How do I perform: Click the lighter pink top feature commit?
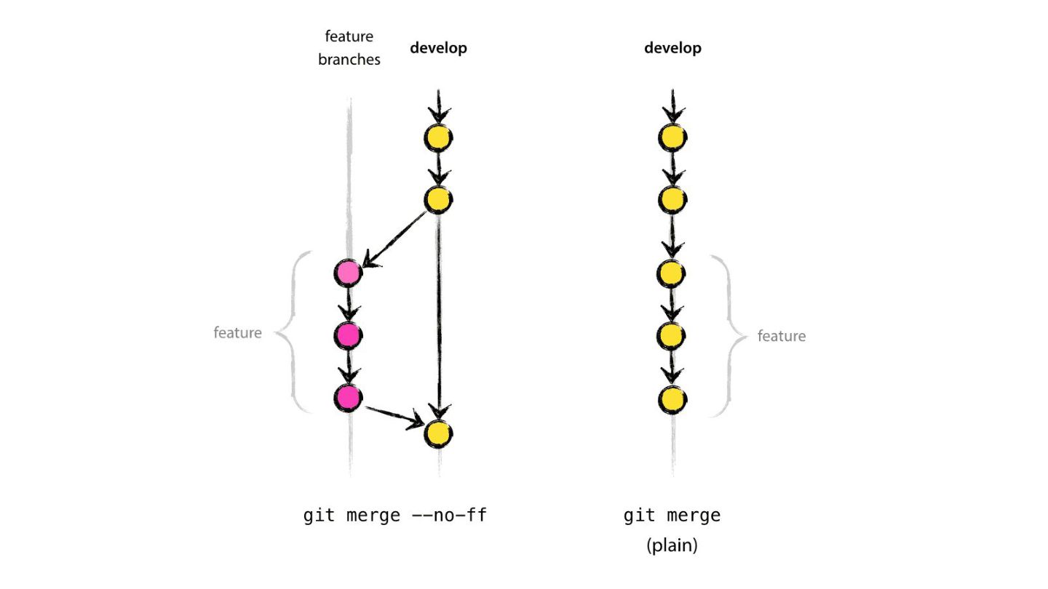click(349, 273)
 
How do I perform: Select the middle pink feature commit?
click(349, 335)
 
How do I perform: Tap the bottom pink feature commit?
click(349, 397)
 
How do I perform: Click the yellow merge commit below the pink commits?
click(437, 433)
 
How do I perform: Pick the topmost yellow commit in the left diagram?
click(438, 137)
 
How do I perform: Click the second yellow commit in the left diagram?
click(438, 199)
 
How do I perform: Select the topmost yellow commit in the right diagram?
click(672, 137)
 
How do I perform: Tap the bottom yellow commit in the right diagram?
click(672, 398)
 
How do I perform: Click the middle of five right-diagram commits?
click(672, 273)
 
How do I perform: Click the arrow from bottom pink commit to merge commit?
click(394, 416)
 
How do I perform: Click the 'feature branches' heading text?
click(349, 48)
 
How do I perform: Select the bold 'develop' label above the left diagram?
click(438, 48)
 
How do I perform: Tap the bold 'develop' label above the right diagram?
click(672, 48)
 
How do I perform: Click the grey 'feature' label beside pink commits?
click(237, 333)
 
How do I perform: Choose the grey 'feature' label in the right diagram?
click(781, 336)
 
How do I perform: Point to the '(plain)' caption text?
click(672, 546)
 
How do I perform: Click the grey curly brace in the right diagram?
click(728, 336)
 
